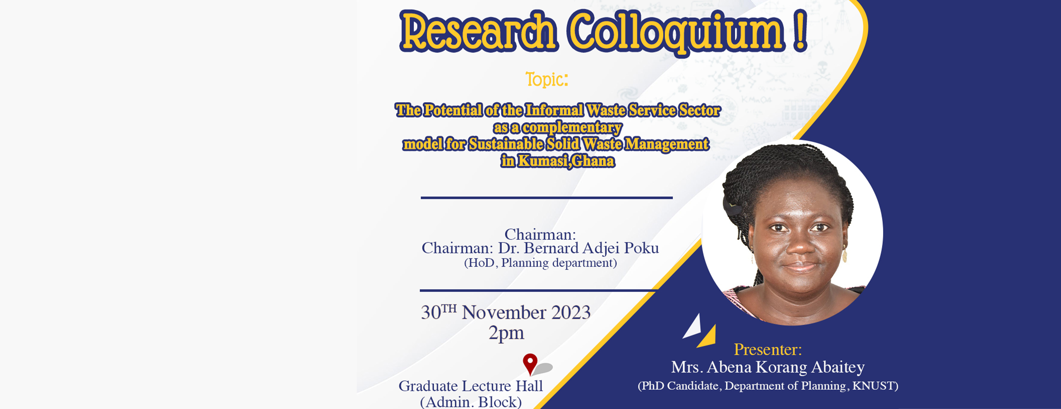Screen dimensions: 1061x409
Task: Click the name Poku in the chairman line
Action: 641,248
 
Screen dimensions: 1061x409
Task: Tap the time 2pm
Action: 506,333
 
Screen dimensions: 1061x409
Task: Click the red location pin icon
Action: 530,363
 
